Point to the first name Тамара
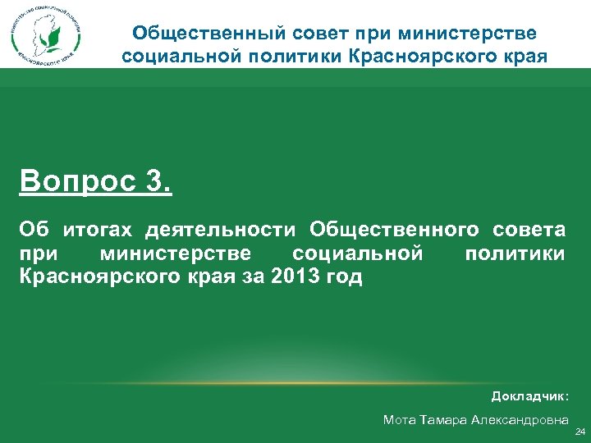click(445, 420)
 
